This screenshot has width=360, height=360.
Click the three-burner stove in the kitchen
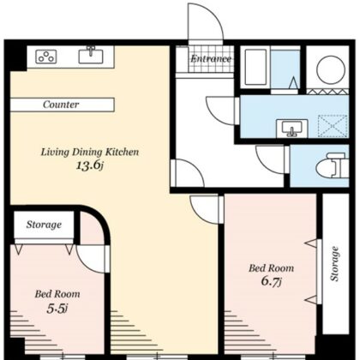pos(45,57)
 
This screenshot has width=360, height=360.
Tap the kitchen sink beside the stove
pos(91,56)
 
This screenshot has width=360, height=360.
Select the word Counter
pos(61,105)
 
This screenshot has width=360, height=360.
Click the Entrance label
pos(211,59)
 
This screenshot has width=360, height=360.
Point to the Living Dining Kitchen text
pos(90,152)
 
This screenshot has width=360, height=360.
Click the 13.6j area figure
pos(89,165)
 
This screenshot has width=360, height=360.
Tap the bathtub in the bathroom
pos(255,67)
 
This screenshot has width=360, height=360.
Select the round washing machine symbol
pos(331,69)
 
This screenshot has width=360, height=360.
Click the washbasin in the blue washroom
pos(291,128)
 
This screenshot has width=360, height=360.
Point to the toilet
pos(332,165)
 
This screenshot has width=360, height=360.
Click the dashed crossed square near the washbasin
pos(333,126)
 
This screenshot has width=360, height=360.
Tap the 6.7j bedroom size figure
pos(272,281)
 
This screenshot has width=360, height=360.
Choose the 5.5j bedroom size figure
pos(57,309)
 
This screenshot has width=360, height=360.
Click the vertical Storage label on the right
pos(334,264)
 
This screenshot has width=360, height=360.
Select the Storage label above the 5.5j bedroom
pos(44,225)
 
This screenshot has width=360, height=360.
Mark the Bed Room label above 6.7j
pos(271,268)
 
